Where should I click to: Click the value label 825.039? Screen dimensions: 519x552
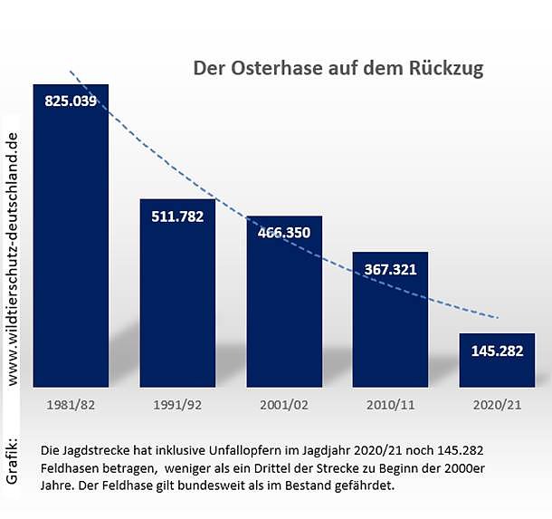[71, 101]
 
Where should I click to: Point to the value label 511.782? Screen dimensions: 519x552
[177, 216]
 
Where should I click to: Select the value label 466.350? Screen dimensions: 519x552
[284, 233]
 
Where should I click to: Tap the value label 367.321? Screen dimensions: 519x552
[390, 269]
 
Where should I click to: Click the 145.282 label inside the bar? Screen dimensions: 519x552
[497, 351]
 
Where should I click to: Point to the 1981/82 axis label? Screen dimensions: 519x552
[71, 404]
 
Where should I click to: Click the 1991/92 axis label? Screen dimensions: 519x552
[177, 404]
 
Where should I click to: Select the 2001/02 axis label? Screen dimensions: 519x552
[284, 404]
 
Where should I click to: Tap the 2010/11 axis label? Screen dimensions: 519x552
[390, 404]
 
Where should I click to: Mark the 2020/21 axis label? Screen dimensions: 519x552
[497, 404]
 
